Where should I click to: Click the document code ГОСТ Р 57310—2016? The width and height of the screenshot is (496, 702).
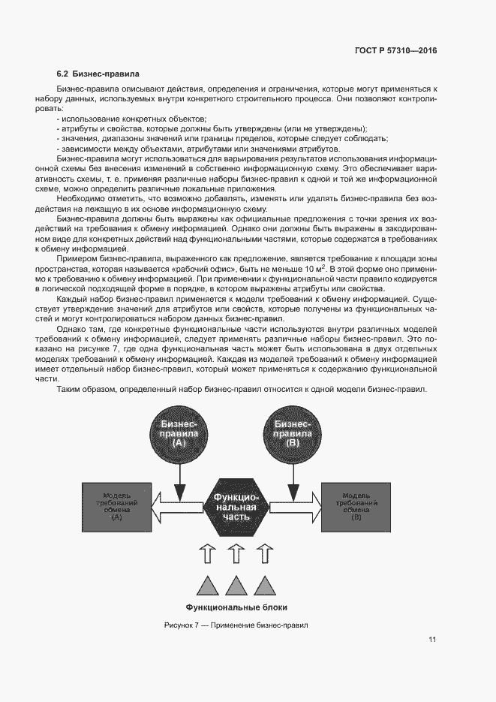(x=395, y=50)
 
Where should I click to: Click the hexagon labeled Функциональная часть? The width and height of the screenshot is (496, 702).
(x=236, y=508)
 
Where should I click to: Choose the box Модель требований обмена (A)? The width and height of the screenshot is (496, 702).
(x=116, y=506)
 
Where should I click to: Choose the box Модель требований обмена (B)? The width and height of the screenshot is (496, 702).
(x=356, y=506)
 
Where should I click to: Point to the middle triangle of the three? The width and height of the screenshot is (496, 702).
(x=236, y=586)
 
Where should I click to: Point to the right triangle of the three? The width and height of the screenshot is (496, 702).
(x=264, y=586)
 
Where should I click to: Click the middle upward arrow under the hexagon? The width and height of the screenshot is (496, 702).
(x=236, y=555)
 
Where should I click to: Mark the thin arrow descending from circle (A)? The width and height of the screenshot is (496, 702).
(x=179, y=477)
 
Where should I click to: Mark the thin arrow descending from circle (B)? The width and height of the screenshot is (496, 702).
(x=293, y=477)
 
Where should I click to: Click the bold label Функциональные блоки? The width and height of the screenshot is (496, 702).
(x=236, y=607)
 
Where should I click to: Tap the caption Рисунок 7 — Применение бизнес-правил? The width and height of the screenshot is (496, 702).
(x=236, y=625)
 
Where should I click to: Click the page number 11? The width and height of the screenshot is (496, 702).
(x=432, y=640)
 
